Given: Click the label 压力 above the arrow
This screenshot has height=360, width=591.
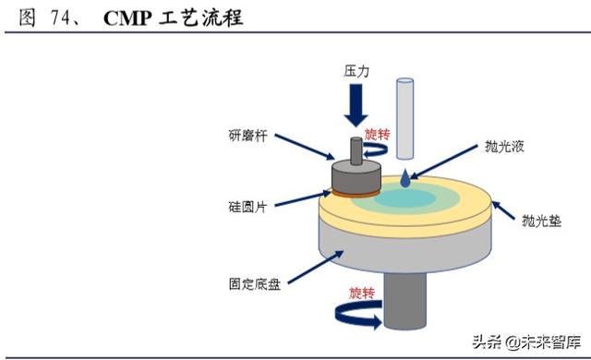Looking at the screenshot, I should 356,70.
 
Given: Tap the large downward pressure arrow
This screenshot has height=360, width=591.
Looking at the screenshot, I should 356,107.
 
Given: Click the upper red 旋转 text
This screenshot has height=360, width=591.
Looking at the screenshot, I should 379,134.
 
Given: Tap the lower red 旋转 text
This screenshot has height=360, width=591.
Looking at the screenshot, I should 363,294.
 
